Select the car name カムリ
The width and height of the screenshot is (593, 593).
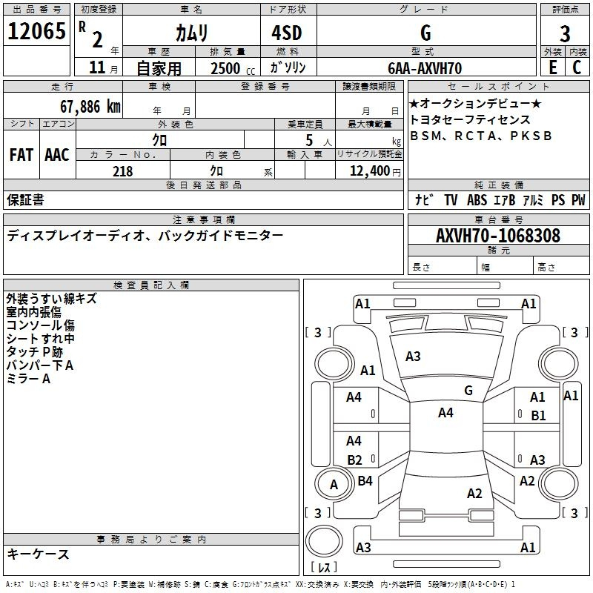191,33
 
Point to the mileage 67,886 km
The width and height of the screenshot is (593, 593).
90,106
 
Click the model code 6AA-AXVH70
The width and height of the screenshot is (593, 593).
425,68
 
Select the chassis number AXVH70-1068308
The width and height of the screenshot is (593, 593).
498,236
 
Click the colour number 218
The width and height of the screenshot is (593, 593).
123,171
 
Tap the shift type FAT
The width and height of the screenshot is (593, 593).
21,155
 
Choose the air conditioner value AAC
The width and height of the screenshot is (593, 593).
57,155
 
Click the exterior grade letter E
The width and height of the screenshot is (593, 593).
552,68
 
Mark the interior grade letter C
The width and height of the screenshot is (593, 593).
577,68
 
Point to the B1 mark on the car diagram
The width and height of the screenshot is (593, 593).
539,415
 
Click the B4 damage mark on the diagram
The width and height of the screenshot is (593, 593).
365,481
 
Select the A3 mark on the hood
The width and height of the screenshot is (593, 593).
413,357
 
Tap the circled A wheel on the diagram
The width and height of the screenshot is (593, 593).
334,485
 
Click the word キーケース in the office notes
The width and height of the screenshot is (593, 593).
39,554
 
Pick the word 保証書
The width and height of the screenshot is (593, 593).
25,199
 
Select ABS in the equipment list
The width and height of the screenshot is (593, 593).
477,199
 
